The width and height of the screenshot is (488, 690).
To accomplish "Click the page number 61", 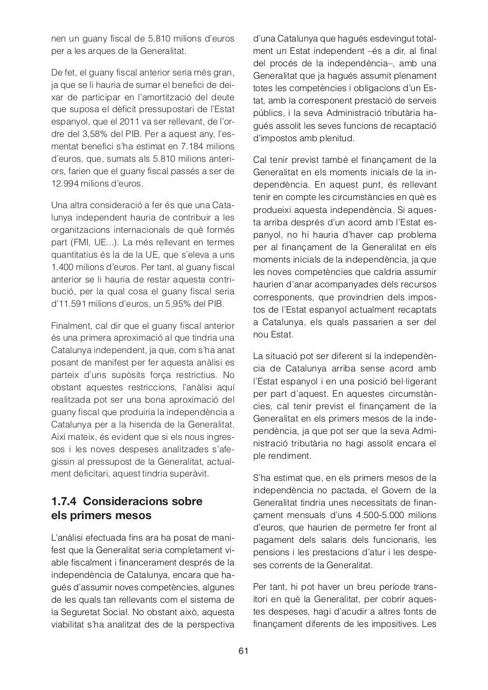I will tap(243, 651).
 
